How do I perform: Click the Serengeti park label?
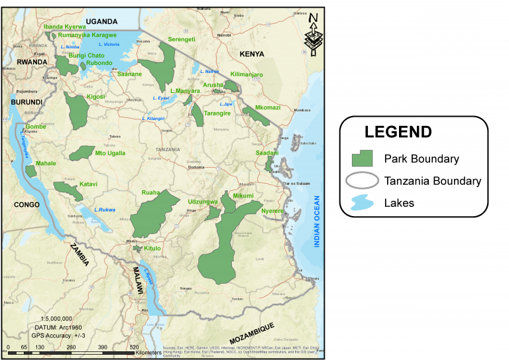[x=182, y=39]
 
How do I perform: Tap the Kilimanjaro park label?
[x=247, y=75]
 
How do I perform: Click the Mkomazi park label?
[x=268, y=107]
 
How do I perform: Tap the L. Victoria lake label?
[x=108, y=44]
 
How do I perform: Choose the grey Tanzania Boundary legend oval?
[x=362, y=180]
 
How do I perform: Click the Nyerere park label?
[x=272, y=211]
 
